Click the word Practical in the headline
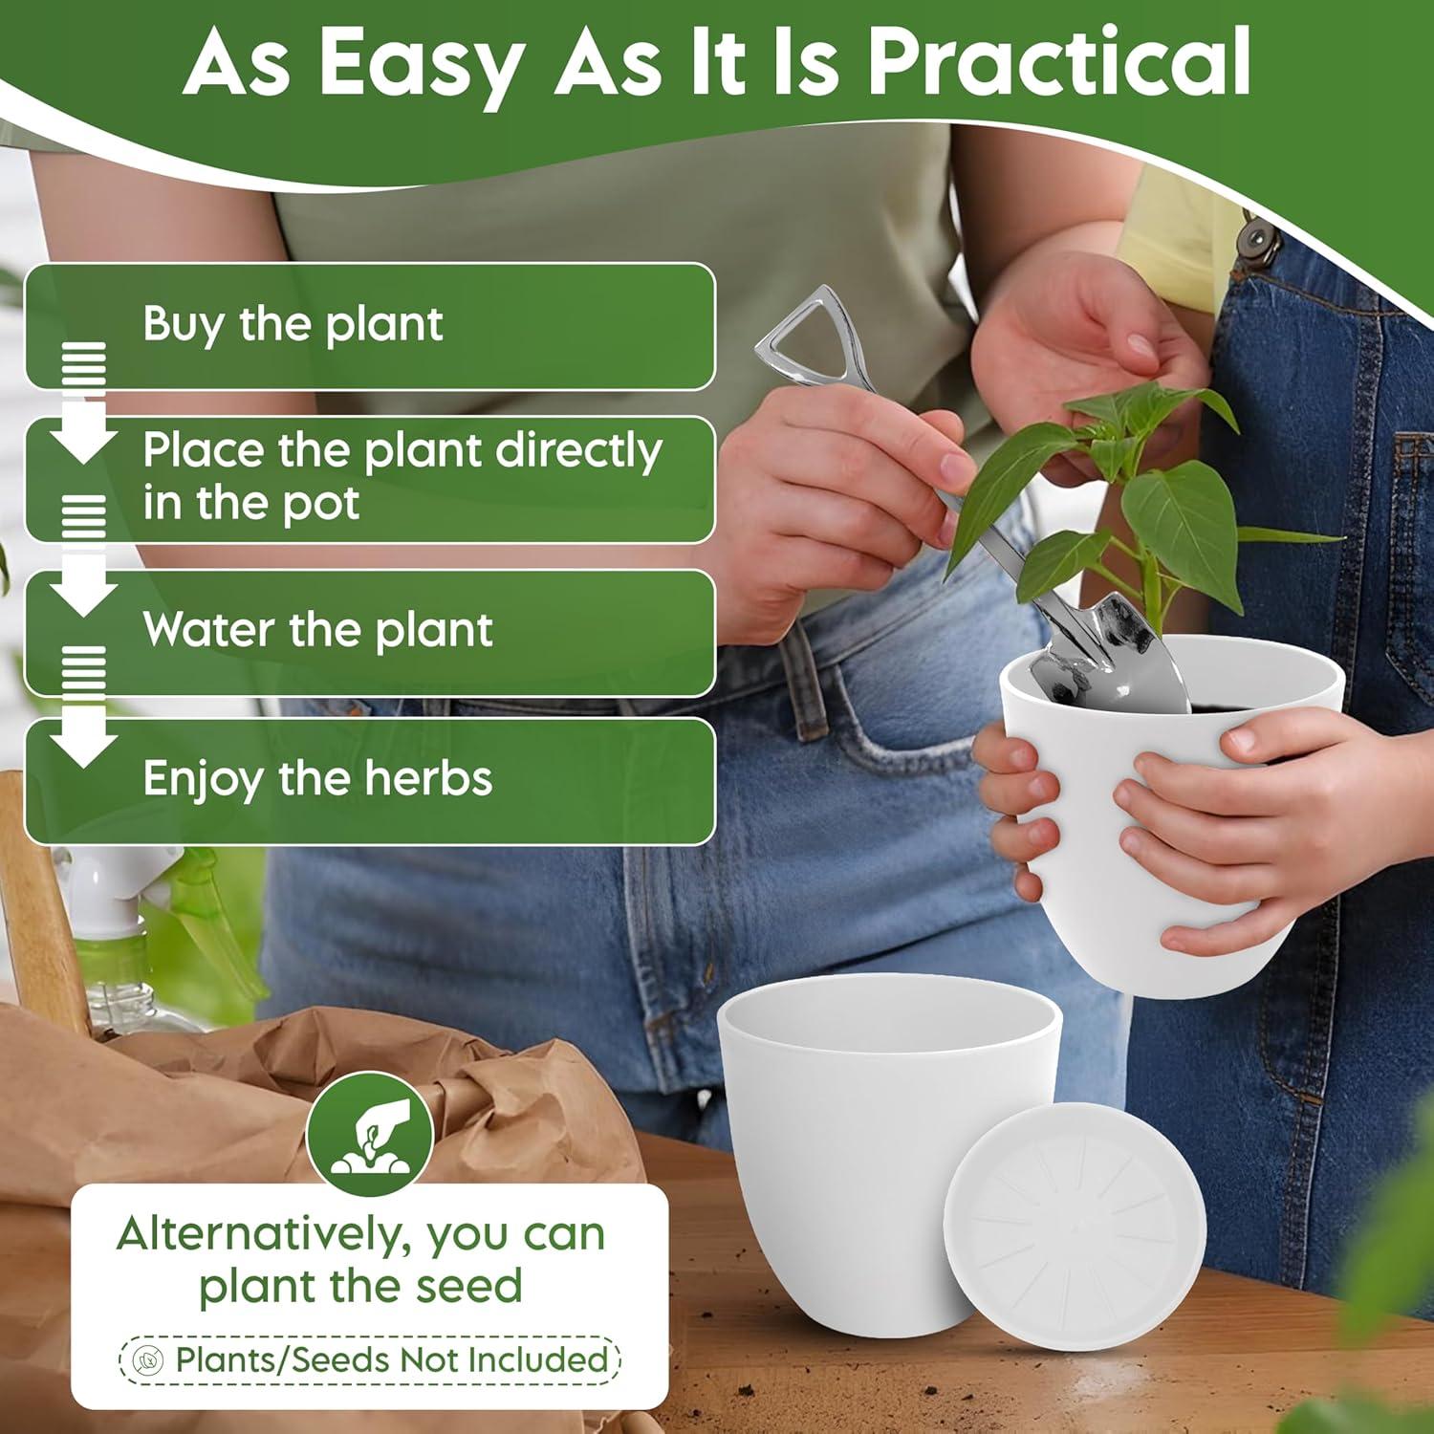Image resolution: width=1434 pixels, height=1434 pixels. coord(1059,63)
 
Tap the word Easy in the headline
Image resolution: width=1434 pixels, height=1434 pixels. coord(421,63)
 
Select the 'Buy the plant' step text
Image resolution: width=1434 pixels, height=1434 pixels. coord(293,324)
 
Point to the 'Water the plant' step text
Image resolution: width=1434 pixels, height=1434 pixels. coord(317,630)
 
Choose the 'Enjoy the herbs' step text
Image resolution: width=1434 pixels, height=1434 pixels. coord(317,778)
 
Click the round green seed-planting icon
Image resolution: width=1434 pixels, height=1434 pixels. coord(370,1134)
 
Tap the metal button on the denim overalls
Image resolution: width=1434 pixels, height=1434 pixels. coord(1258,236)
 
